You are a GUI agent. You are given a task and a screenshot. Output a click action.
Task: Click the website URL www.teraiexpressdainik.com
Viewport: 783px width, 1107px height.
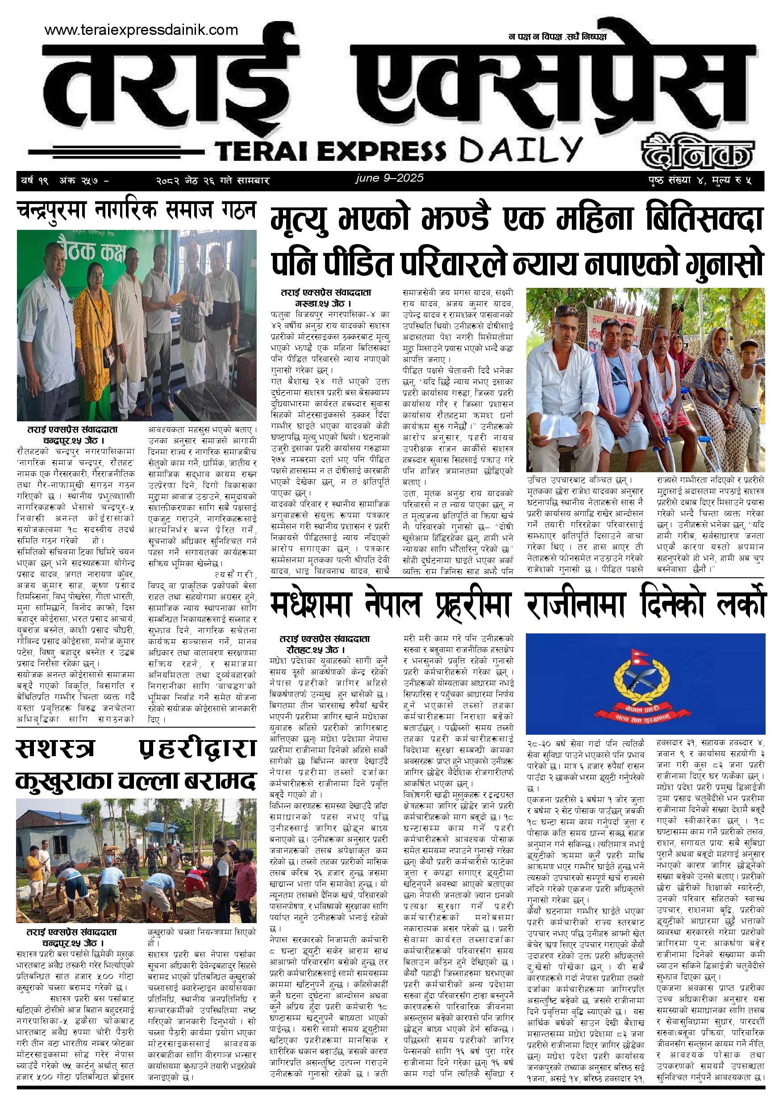click(141, 30)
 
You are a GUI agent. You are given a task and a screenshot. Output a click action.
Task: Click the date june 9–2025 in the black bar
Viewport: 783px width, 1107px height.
click(389, 178)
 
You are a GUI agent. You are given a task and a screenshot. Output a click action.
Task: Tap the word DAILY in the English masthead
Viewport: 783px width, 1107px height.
click(520, 150)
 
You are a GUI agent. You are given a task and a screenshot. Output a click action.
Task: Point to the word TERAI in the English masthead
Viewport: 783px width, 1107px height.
click(262, 151)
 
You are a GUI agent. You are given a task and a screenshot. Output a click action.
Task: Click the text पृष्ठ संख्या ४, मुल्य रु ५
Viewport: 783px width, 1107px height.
click(700, 181)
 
